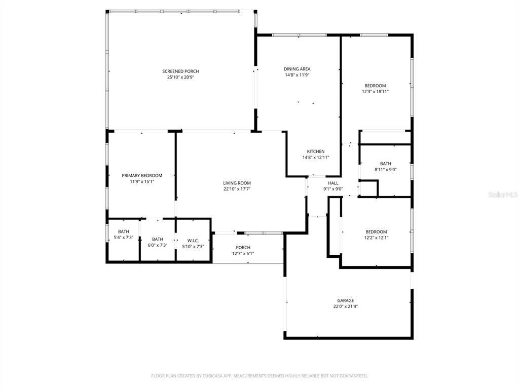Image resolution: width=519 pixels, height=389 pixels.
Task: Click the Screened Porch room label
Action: [180, 71]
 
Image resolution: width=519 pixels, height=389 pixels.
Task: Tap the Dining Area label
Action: [297, 69]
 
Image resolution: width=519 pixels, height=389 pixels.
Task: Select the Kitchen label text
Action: [315, 151]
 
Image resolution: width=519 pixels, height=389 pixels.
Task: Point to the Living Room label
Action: [237, 183]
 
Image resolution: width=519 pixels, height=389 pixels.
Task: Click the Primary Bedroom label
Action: [142, 176]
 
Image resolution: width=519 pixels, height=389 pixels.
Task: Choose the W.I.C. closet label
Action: [193, 241]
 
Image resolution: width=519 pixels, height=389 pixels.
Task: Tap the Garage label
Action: [346, 300]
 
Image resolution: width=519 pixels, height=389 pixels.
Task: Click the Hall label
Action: [333, 183]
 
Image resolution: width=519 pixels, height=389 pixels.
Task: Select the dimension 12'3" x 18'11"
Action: [375, 92]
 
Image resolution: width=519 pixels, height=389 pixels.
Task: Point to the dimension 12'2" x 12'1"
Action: [376, 238]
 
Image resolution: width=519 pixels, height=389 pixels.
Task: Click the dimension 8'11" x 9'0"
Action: [386, 169]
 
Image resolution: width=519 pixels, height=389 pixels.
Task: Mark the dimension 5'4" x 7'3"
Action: [124, 238]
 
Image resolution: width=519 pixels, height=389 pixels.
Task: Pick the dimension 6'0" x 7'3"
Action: [158, 245]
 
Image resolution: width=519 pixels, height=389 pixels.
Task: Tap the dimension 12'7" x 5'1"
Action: [243, 253]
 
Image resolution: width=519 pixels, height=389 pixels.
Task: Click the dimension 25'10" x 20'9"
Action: [180, 77]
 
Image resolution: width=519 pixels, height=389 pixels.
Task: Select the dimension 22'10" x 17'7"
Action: [237, 189]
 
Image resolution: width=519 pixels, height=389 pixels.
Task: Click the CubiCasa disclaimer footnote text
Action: [259, 376]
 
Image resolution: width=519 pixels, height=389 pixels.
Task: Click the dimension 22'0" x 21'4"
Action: [346, 306]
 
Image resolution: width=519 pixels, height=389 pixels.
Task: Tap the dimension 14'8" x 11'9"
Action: [297, 75]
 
